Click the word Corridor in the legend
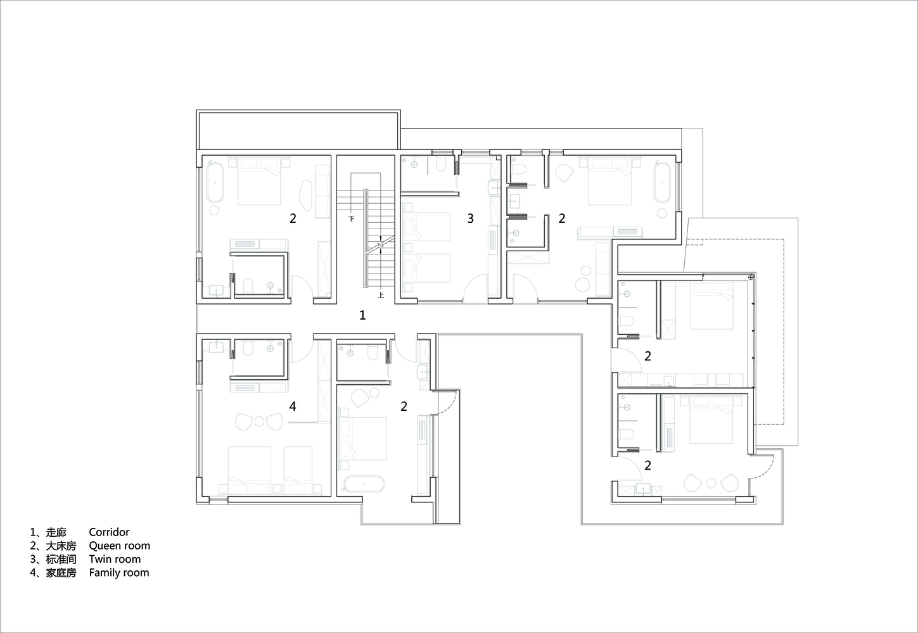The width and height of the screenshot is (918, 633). (x=109, y=532)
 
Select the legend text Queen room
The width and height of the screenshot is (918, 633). (x=120, y=546)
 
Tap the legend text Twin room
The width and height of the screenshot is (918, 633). (x=115, y=560)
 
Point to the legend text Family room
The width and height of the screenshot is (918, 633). (x=119, y=573)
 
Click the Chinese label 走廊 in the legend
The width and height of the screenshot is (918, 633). (x=56, y=532)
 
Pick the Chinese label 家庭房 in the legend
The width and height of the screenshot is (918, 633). (x=61, y=573)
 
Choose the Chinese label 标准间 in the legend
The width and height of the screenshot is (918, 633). (x=61, y=560)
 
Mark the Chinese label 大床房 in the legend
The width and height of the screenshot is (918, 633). (x=61, y=546)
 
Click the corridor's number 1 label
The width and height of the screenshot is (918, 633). (x=362, y=315)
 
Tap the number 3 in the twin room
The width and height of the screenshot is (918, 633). (x=471, y=218)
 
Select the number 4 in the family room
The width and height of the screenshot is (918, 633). (x=293, y=406)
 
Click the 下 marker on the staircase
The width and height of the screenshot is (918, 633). (x=351, y=218)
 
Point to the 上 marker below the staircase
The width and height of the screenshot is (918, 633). (x=381, y=295)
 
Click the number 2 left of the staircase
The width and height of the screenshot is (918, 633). (x=293, y=218)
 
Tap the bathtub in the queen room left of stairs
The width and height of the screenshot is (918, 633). (x=215, y=182)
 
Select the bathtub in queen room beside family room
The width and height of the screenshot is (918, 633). (x=364, y=484)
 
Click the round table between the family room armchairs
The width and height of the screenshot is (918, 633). (x=259, y=421)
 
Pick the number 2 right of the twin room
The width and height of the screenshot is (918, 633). (x=562, y=218)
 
